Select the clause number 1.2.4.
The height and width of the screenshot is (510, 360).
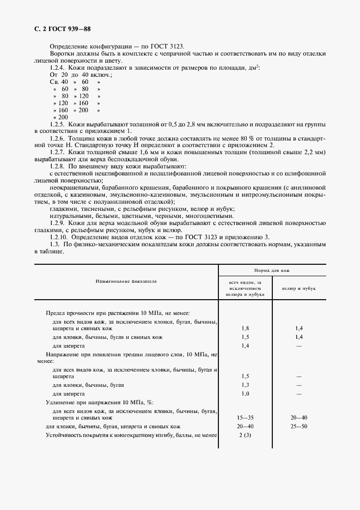tap(58, 67)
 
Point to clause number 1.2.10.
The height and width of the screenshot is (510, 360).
tap(60, 238)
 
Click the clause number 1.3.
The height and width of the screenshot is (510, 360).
tap(55, 245)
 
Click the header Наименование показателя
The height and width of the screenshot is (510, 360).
tap(126, 282)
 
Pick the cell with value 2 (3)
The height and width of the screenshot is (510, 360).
tap(245, 436)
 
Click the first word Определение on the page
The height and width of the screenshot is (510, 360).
tap(70, 46)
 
